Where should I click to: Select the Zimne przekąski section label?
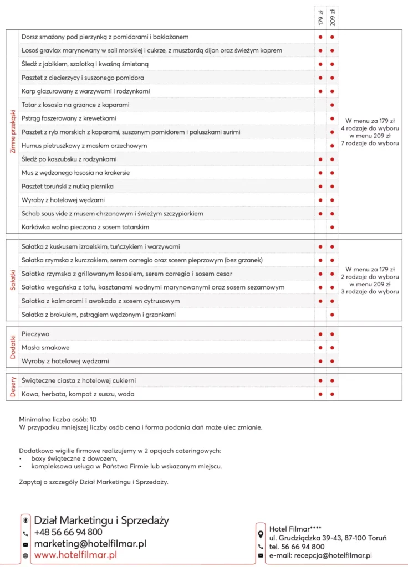pos(13,131)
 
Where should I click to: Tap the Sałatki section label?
pos(13,280)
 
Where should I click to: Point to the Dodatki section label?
pos(13,348)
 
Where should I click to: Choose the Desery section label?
pos(13,388)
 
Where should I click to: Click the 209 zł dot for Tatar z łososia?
pos(332,105)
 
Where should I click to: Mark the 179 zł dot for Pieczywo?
pos(320,334)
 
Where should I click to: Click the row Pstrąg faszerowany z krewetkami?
pos(69,118)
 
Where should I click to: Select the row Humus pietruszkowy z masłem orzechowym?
pos(84,146)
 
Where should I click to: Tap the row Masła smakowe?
pos(45,348)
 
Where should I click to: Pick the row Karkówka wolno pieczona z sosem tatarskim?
pos(85,227)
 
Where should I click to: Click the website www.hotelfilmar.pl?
pos(75,554)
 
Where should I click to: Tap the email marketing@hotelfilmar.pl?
pos(90,544)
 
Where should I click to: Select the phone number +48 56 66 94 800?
pos(68,532)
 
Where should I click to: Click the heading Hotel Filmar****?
pos(295,529)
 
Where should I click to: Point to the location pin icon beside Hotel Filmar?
pos(261,534)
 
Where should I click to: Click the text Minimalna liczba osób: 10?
pos(58,420)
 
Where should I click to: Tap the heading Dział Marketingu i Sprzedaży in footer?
pos(101,520)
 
